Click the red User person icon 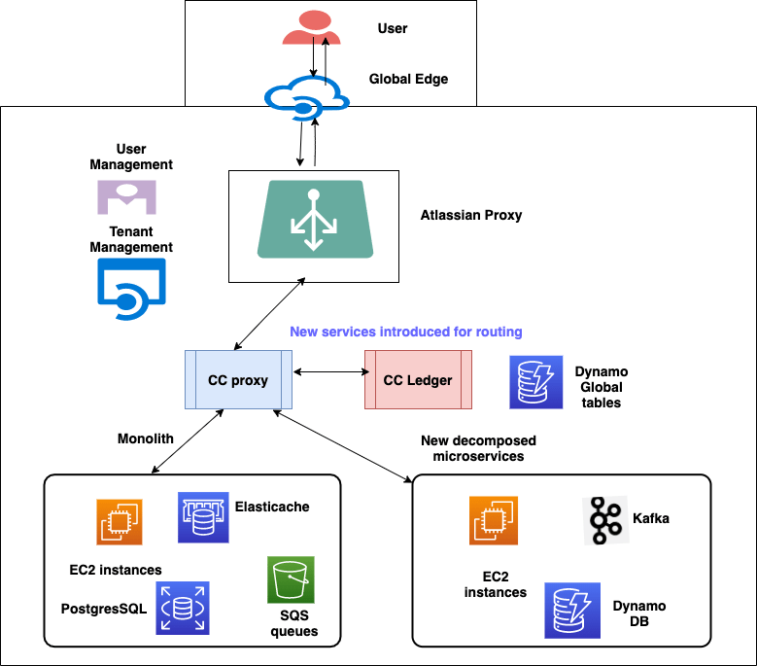(312, 28)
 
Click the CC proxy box (238, 380)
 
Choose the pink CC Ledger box (418, 380)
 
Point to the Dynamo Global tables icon (536, 382)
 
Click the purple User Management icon (126, 196)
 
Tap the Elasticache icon (203, 517)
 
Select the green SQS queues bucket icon (292, 580)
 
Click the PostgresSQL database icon (183, 608)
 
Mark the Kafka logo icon (605, 520)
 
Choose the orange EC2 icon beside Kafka (494, 520)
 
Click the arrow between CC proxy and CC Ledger (327, 372)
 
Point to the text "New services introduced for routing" (405, 332)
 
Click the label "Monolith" (146, 438)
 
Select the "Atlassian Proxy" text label (471, 215)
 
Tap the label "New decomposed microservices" (478, 448)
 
